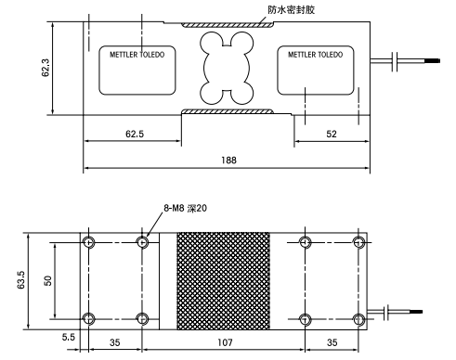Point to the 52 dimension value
point(330,134)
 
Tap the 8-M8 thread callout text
point(183,211)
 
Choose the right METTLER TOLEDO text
point(315,55)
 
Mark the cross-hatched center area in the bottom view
point(227,279)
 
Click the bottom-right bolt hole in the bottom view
point(360,319)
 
